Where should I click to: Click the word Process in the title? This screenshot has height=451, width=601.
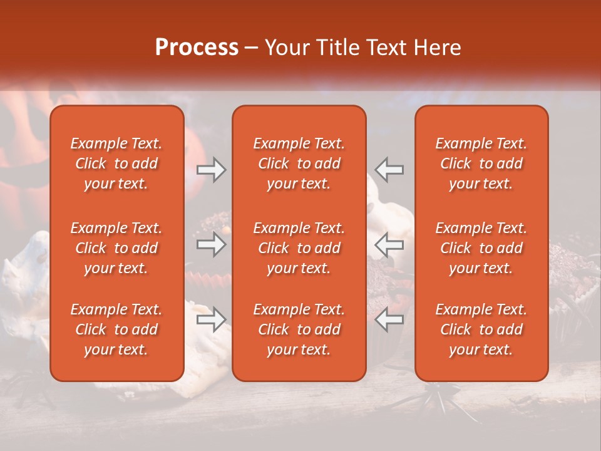(x=197, y=48)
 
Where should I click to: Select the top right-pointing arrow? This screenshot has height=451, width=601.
(x=211, y=170)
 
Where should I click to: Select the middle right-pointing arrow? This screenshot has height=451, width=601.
(x=211, y=245)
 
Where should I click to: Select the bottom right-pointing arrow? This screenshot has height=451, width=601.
(x=211, y=320)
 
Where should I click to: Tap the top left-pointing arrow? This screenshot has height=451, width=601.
(x=389, y=170)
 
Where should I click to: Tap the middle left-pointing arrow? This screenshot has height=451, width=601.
(x=389, y=245)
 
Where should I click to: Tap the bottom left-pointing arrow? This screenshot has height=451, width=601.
(x=389, y=320)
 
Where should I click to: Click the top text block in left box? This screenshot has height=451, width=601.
(x=116, y=163)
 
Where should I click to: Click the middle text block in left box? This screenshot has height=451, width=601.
(x=116, y=248)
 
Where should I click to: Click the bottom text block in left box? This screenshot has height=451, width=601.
(x=116, y=329)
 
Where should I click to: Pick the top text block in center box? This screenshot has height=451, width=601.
(x=299, y=163)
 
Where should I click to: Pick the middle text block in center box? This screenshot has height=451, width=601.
(x=299, y=248)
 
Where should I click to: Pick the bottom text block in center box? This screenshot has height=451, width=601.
(x=299, y=329)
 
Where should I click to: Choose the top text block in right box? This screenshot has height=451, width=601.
(x=481, y=163)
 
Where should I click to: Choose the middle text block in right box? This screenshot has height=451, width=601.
(x=481, y=248)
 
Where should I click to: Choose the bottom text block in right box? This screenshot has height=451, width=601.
(x=481, y=329)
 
